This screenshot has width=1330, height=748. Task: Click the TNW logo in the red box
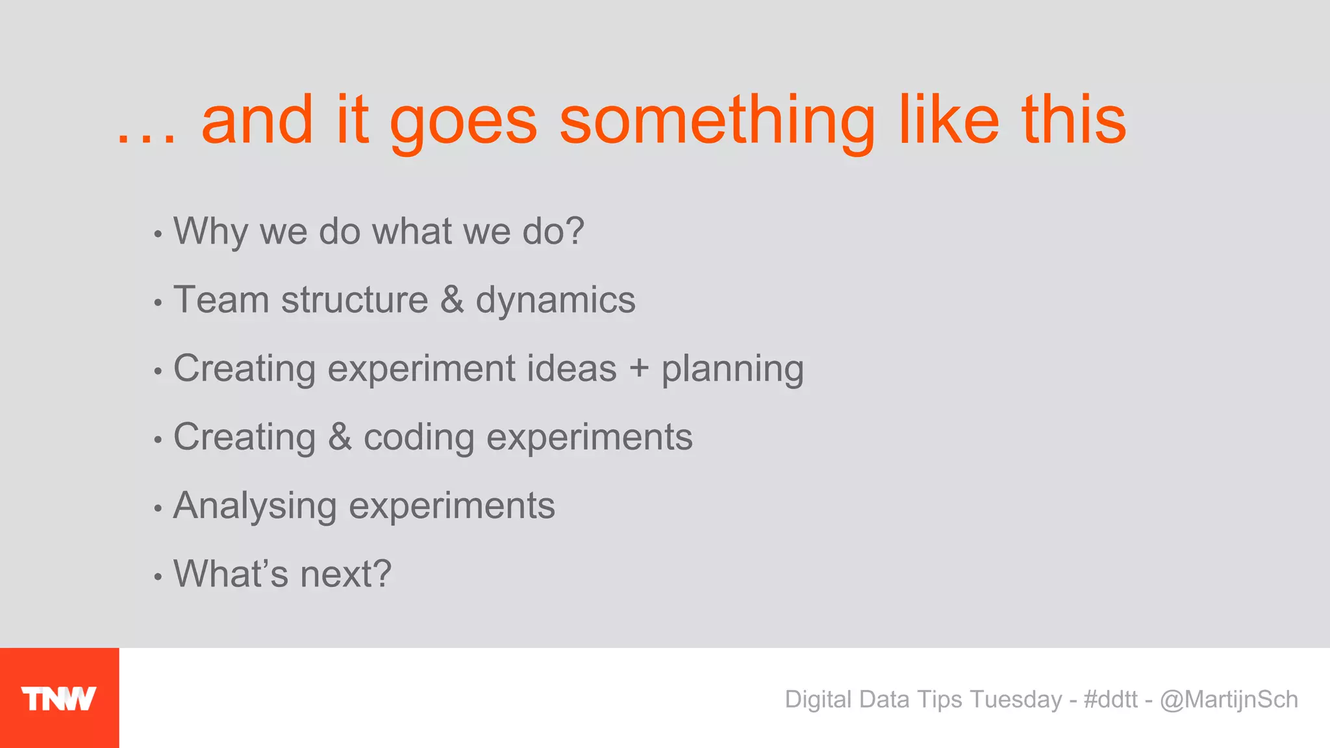pos(58,699)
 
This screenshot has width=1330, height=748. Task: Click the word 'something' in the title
pos(717,121)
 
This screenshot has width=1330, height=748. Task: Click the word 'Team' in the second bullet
pos(221,300)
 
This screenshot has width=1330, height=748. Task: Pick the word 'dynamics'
pos(555,302)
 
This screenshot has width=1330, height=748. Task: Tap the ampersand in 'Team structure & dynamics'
pos(452,300)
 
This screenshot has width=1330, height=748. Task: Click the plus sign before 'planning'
pos(639,369)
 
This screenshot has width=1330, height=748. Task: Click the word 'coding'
pos(419,438)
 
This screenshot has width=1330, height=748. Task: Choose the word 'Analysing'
pos(255,506)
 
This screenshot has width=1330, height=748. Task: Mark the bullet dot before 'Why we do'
pos(158,234)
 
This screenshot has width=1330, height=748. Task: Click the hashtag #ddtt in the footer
pos(1110,699)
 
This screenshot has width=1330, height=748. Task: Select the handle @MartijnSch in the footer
pos(1229,699)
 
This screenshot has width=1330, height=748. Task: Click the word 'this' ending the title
pos(1073,120)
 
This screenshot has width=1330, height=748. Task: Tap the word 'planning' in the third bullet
pos(733,370)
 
